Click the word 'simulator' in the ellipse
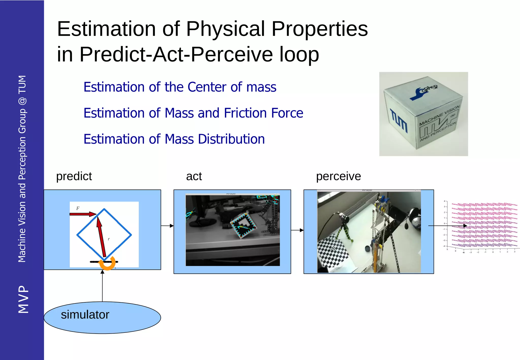pos(85,315)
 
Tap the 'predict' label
pos(74,176)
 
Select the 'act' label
pos(194,176)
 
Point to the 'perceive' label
pos(338,176)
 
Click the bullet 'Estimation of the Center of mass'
pos(180,87)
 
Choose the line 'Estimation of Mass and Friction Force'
pos(193,113)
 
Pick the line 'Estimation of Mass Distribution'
pos(174,139)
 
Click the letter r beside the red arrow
pos(109,239)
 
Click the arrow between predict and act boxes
pos(167,226)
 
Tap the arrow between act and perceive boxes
pos(297,230)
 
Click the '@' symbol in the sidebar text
pos(22,101)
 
